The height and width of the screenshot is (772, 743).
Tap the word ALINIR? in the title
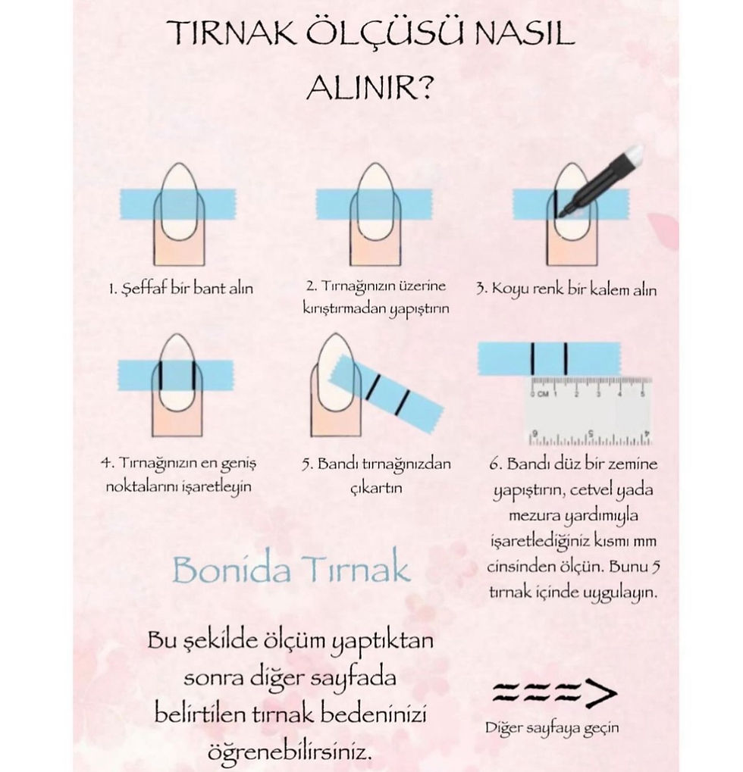(369, 88)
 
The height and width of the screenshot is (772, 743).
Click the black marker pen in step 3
(599, 181)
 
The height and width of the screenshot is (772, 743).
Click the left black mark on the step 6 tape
(533, 358)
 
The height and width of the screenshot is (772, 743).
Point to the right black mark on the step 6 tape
(566, 358)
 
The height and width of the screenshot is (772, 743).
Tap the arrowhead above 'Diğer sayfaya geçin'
(601, 692)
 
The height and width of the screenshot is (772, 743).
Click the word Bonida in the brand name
(231, 570)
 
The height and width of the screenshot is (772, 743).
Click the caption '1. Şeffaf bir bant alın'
(181, 288)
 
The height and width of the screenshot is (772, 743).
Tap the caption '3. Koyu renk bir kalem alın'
(566, 289)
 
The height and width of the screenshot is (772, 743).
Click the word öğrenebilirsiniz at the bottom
(289, 752)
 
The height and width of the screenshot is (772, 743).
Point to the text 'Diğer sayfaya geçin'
(552, 728)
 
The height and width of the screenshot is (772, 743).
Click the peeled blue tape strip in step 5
(387, 394)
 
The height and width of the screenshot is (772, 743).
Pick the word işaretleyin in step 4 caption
(217, 487)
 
